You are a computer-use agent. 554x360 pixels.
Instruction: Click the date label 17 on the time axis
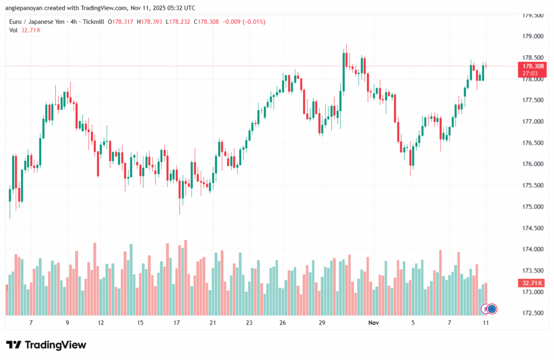pos(176,323)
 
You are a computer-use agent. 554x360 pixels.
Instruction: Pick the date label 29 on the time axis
pos(322,323)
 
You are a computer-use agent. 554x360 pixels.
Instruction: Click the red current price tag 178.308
pos(532,66)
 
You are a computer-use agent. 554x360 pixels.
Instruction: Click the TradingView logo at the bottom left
pos(46,345)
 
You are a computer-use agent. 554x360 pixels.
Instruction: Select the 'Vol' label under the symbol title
pos(14,30)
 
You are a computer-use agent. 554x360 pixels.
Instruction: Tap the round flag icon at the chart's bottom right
pos(492,309)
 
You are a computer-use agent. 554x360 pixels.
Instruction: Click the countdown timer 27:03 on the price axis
pos(530,73)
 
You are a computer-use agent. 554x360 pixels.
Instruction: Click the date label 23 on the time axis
pos(249,323)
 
